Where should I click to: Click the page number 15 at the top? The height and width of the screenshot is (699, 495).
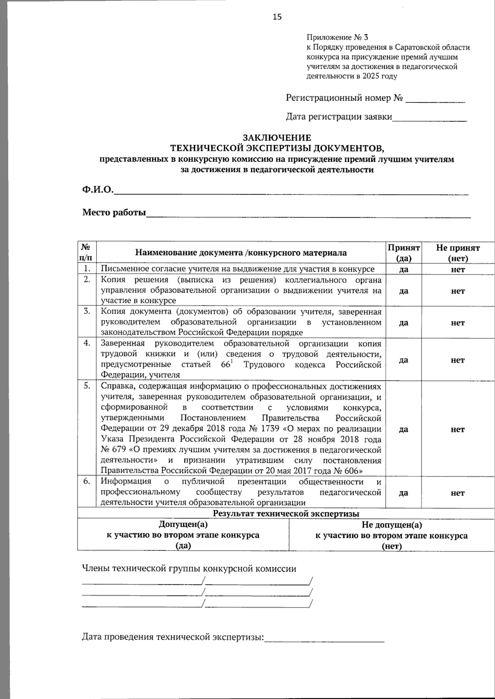click(x=277, y=17)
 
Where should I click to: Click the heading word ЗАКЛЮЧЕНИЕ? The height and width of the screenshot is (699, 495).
click(x=277, y=138)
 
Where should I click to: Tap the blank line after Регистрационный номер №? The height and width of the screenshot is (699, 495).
click(x=435, y=99)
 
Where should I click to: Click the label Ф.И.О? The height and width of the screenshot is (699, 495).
click(x=98, y=190)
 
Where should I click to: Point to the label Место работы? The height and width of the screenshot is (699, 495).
click(x=114, y=213)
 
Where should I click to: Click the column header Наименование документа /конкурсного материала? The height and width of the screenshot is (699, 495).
click(x=241, y=253)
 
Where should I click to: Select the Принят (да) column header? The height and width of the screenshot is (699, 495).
click(x=403, y=253)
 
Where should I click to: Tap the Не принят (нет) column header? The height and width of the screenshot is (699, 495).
click(x=458, y=253)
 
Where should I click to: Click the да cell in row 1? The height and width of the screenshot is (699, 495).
click(x=404, y=270)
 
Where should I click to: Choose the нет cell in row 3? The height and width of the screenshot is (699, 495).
click(x=458, y=323)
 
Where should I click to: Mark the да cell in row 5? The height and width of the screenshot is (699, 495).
click(x=404, y=429)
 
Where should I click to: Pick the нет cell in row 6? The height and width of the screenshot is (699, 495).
click(x=458, y=493)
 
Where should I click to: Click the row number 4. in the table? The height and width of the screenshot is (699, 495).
click(x=87, y=343)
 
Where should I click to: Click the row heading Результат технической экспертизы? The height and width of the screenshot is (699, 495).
click(x=286, y=514)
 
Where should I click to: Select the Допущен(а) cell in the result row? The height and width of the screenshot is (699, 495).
click(x=183, y=525)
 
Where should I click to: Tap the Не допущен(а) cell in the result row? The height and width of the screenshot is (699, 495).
click(x=392, y=525)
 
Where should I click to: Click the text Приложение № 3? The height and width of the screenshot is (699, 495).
click(x=337, y=38)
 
